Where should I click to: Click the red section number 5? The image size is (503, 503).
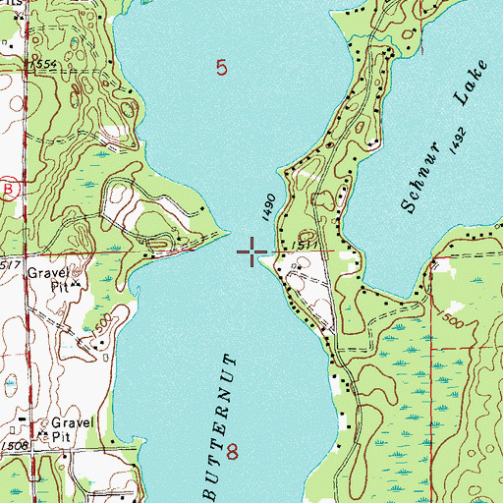point(222,68)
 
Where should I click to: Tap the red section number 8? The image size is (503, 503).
point(233,452)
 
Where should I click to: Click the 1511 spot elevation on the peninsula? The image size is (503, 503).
point(304,245)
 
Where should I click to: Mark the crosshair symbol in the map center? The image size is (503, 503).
point(252,253)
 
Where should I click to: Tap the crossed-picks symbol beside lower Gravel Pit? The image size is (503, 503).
point(43,429)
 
